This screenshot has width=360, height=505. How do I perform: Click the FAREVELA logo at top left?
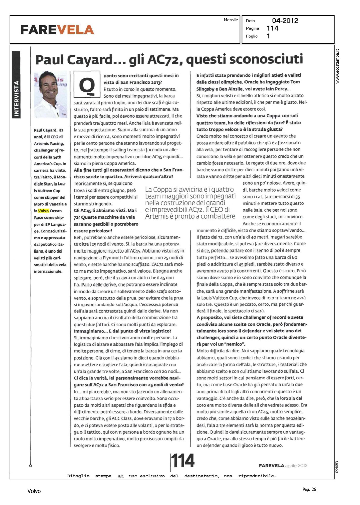coord(57,30)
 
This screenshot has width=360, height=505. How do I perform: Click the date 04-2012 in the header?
coord(285,21)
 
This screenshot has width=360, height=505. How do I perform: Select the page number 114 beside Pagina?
coord(272,28)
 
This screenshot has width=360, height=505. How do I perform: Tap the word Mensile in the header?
coord(231,20)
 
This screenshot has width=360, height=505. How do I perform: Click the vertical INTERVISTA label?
coord(16,98)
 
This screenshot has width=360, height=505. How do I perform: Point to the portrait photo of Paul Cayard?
coord(51,94)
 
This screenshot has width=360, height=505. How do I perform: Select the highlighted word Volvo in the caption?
coord(43,211)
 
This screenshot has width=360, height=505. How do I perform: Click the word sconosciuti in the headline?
coord(268,59)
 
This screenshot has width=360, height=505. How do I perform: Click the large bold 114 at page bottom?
coord(183,461)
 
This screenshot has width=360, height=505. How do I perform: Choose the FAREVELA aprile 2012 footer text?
coord(283,466)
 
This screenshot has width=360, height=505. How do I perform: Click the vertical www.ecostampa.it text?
coord(338,67)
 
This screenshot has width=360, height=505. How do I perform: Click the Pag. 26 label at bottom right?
coord(309,489)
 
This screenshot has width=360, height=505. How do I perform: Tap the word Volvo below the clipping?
coord(34,491)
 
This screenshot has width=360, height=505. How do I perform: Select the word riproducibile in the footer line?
coord(257,476)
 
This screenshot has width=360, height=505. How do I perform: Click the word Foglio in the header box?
coord(252,36)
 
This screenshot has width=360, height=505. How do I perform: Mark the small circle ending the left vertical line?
coord(30,466)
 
